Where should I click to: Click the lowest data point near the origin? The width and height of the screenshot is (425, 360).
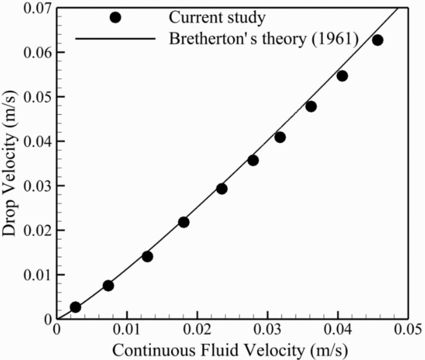pyautogui.click(x=75, y=307)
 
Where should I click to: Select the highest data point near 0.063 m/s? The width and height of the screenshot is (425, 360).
pyautogui.click(x=377, y=40)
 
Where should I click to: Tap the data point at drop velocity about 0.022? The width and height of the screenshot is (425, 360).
pyautogui.click(x=183, y=222)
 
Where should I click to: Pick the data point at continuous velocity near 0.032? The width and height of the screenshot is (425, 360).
pyautogui.click(x=280, y=137)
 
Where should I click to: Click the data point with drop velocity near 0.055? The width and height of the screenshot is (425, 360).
pyautogui.click(x=342, y=76)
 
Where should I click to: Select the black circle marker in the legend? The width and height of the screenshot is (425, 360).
pyautogui.click(x=115, y=17)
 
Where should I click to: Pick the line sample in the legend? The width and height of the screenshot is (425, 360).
pyautogui.click(x=115, y=39)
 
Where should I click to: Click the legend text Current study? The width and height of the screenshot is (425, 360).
pyautogui.click(x=217, y=18)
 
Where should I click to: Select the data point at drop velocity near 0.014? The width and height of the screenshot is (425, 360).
pyautogui.click(x=147, y=257)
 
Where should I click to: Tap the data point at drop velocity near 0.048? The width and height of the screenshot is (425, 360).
pyautogui.click(x=311, y=107)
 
